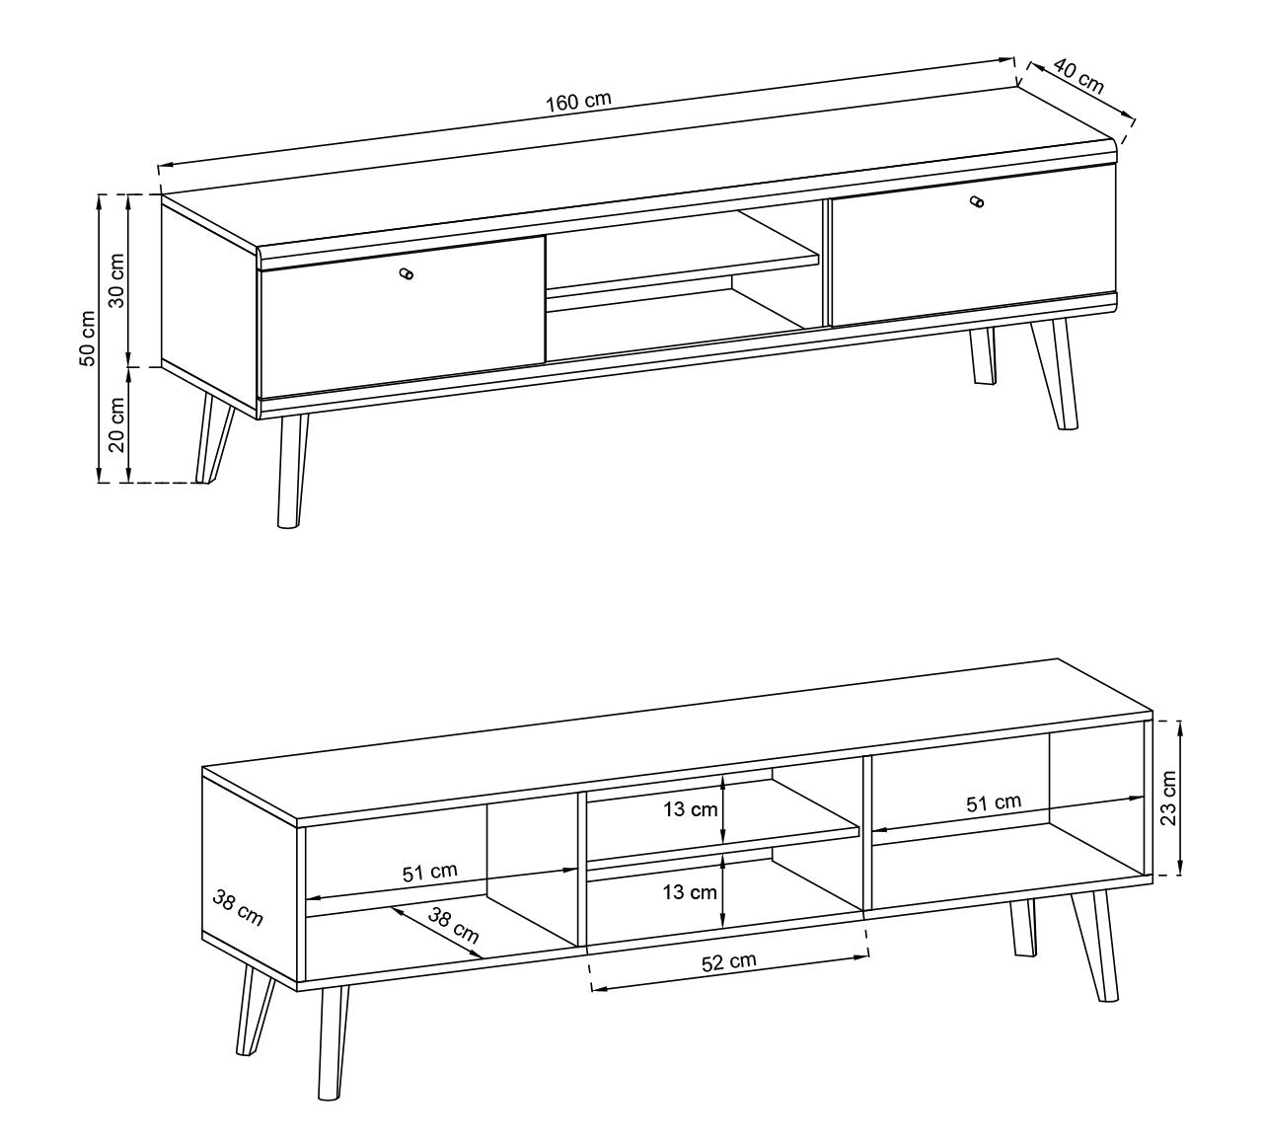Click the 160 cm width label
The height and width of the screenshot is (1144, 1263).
[x=578, y=101]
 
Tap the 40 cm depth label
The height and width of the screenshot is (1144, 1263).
[x=1078, y=75]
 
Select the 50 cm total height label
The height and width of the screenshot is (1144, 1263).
[x=88, y=339]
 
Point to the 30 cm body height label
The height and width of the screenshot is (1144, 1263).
[x=116, y=280]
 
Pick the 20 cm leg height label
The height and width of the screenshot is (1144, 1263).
[x=116, y=424]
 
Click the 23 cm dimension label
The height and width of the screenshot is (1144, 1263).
[x=1168, y=798]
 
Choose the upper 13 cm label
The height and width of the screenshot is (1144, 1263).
[x=690, y=810]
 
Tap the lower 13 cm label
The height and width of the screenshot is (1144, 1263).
[x=690, y=892]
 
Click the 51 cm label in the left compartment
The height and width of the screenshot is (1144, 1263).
[x=430, y=872]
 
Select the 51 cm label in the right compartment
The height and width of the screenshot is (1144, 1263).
[x=994, y=802]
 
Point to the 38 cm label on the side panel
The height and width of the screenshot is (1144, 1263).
[x=238, y=907]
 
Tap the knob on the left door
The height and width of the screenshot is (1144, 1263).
[x=407, y=274]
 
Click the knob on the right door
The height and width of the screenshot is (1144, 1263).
[x=977, y=202]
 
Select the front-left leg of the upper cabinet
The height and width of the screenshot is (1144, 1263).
[x=289, y=472]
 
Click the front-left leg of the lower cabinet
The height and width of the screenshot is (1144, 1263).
[x=334, y=1040]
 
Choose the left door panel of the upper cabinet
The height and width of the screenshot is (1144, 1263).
[x=403, y=314]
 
